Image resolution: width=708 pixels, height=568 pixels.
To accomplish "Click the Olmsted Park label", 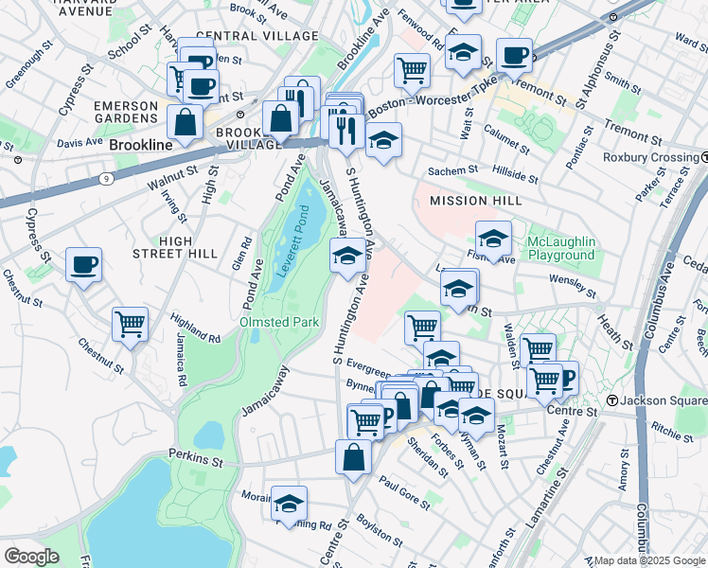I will tap(279, 322).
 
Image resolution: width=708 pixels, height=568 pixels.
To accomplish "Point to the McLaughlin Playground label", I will tap(548, 249).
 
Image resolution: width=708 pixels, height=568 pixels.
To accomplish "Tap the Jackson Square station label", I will tap(664, 401).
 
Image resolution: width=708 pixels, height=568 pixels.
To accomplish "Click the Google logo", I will tap(32, 556).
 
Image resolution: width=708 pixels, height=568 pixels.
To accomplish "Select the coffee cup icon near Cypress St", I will tap(83, 264).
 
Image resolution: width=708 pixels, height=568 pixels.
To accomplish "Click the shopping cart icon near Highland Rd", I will tap(130, 324).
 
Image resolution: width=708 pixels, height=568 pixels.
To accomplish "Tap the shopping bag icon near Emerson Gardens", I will tap(185, 121).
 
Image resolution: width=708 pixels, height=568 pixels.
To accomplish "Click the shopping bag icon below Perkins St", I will tap(353, 456).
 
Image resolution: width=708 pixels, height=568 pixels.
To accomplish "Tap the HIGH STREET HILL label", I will tap(188, 248).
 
